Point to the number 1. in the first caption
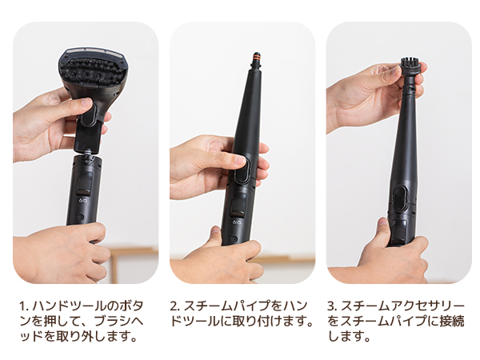coord(24,306)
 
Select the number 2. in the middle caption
coord(174,306)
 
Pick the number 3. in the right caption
coord(331,306)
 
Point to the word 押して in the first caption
coord(68,322)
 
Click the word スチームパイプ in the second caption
coord(231,306)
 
